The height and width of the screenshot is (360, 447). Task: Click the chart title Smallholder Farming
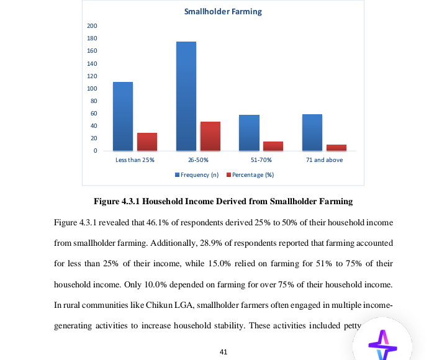(223, 11)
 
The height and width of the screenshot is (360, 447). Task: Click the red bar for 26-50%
(210, 136)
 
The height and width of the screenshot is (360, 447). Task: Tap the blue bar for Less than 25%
(122, 116)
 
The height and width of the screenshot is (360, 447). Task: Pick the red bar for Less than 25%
(147, 142)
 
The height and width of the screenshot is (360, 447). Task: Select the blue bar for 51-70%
(249, 132)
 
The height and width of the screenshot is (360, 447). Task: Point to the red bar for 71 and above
(336, 147)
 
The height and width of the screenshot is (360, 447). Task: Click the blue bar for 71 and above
(312, 132)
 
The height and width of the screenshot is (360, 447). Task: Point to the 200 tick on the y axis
(93, 25)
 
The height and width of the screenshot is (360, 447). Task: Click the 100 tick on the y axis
(93, 88)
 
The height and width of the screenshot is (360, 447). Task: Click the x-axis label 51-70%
(261, 160)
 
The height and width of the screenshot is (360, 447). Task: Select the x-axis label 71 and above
(324, 160)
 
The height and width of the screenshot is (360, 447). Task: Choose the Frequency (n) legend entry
(197, 175)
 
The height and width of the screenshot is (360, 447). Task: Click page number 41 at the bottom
(223, 352)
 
